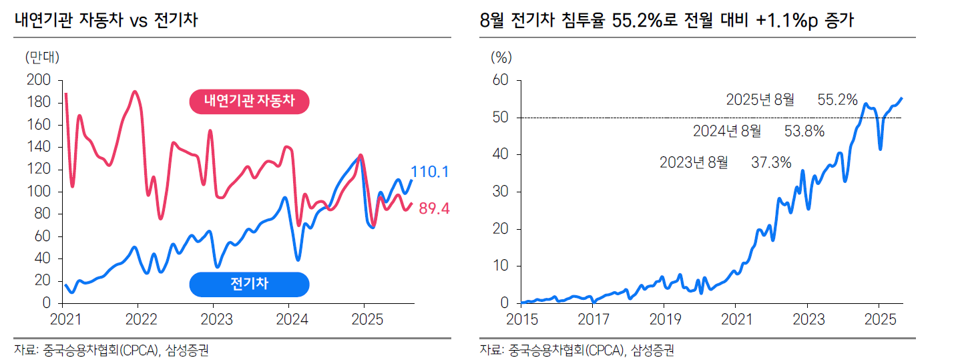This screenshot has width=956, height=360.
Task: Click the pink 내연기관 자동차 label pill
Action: tap(248, 102)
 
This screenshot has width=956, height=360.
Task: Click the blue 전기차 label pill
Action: tap(248, 284)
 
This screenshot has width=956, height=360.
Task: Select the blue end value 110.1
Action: tap(430, 172)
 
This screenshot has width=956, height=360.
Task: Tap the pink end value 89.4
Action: tap(434, 209)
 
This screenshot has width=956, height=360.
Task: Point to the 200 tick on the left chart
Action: tap(39, 80)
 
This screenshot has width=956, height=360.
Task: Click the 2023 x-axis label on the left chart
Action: tap(213, 319)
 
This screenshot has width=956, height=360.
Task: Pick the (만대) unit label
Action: tap(41, 57)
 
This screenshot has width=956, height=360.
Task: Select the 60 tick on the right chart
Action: tap(501, 80)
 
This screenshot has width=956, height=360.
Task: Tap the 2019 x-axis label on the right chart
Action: tap(664, 319)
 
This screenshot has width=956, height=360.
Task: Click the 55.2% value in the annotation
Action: tap(837, 100)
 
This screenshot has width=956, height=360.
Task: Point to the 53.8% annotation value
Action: tap(804, 131)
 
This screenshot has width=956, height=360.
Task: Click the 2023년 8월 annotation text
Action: tap(694, 162)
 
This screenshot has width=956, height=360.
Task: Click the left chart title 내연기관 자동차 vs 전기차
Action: tap(106, 20)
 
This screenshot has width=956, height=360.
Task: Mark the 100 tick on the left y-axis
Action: tap(39, 192)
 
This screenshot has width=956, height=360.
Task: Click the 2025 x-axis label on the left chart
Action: tap(363, 319)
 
